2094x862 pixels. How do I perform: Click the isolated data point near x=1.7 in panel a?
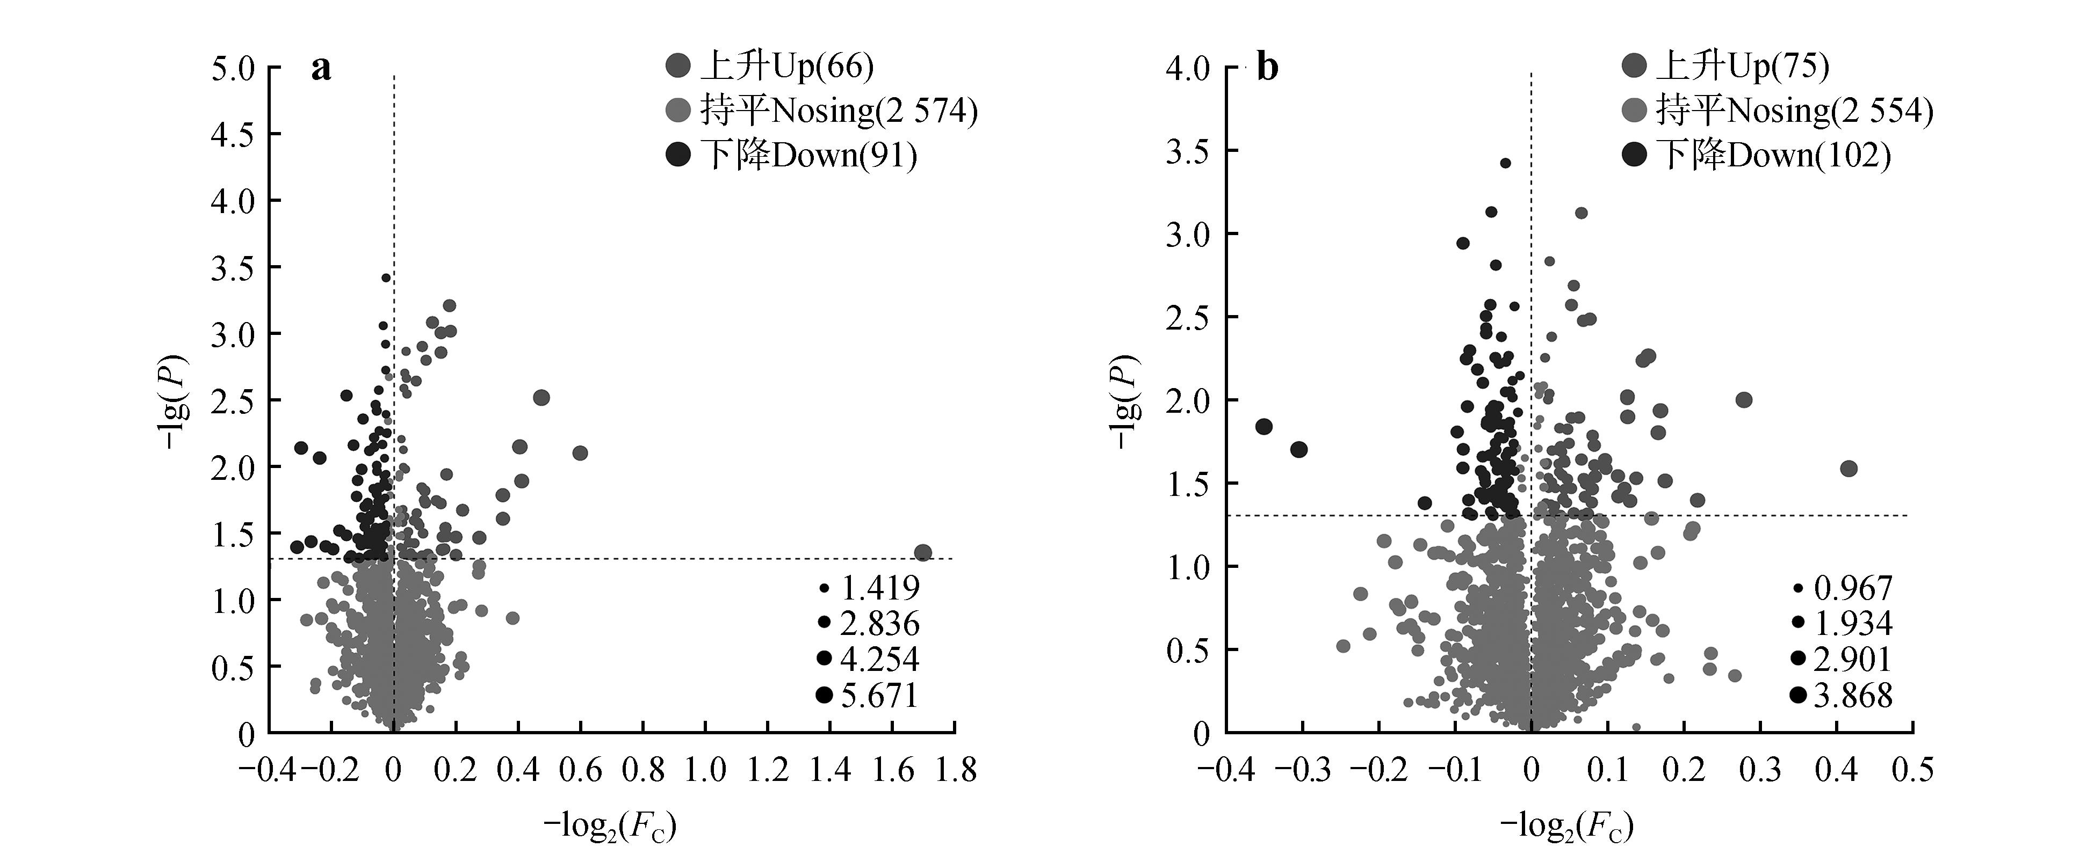click(x=922, y=552)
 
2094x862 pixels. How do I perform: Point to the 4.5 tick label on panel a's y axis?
click(x=233, y=134)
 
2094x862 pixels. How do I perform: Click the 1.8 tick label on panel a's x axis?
click(x=956, y=769)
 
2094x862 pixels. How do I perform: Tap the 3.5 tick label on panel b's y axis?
click(x=1188, y=152)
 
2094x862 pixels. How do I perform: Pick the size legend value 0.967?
click(x=1853, y=587)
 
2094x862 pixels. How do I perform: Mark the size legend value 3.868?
click(x=1853, y=696)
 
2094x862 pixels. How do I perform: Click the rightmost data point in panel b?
click(x=1849, y=469)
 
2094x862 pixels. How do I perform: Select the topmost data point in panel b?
click(x=1505, y=163)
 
